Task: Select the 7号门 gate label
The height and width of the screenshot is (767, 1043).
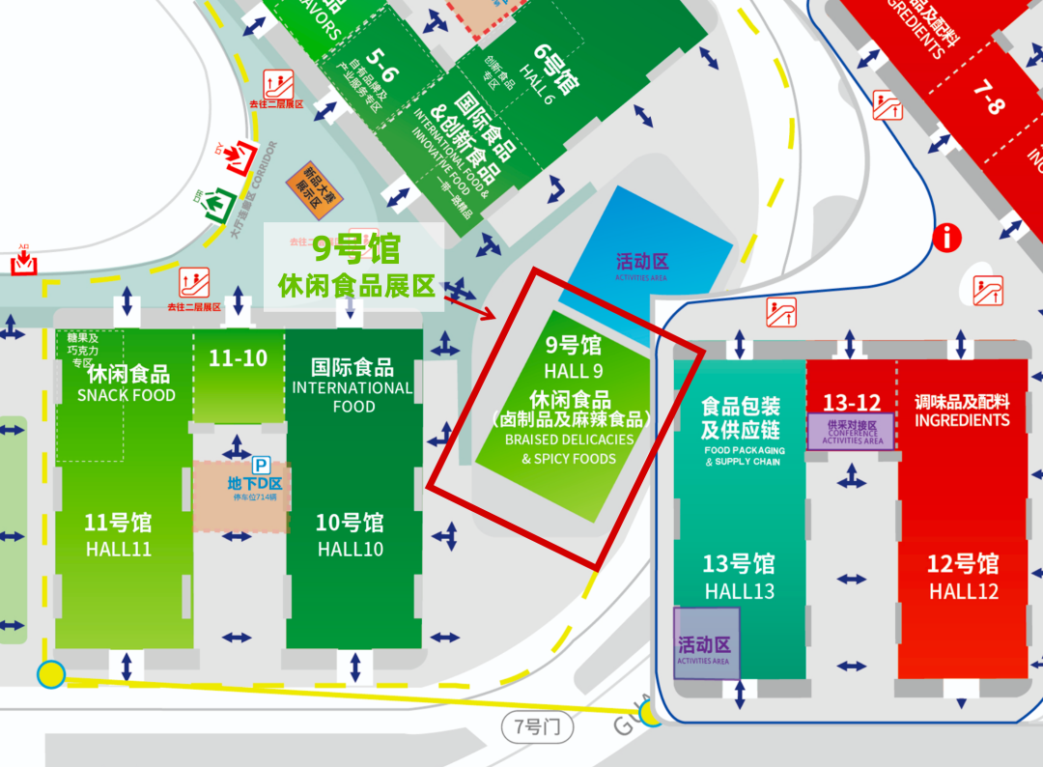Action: (537, 726)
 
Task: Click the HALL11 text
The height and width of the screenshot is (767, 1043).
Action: (118, 550)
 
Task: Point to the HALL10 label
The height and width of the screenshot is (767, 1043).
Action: (350, 550)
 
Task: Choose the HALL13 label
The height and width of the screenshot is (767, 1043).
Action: (739, 591)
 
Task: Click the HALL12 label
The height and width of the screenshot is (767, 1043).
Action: (964, 591)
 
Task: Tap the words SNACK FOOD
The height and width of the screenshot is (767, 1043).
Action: (127, 395)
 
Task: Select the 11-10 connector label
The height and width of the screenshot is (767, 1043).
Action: (238, 358)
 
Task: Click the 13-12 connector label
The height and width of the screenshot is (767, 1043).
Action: (851, 401)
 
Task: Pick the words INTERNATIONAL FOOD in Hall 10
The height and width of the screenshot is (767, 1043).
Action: (353, 397)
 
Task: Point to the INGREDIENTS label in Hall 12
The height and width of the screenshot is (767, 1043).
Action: (962, 420)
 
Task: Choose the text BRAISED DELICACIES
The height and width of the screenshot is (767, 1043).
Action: (570, 440)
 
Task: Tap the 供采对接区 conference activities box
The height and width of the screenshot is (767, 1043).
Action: (852, 431)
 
